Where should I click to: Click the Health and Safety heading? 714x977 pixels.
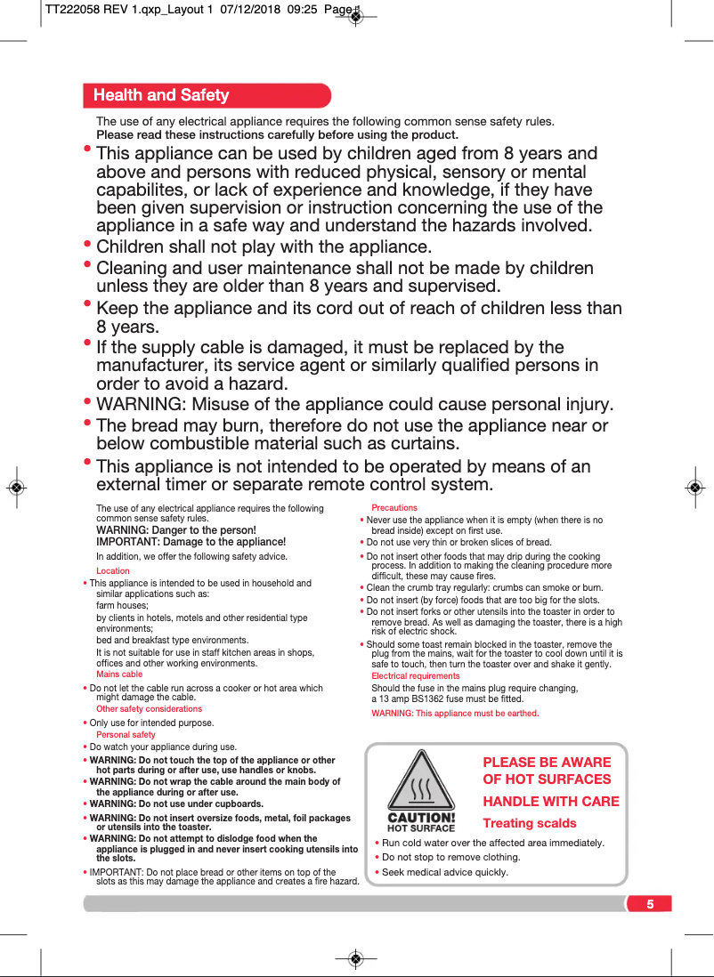coord(161,95)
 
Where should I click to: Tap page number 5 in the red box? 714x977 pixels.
coord(650,904)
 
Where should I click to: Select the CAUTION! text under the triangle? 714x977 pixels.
coord(422,817)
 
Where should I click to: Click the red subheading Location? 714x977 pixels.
coord(113,571)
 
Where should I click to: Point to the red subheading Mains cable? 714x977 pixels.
coord(119,674)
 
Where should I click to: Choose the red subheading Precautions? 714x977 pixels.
coord(394,508)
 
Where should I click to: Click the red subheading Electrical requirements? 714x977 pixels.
coord(416,676)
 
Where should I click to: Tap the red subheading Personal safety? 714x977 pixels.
coord(126,735)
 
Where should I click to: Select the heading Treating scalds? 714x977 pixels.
coord(530,823)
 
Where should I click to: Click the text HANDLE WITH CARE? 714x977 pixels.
coord(551,801)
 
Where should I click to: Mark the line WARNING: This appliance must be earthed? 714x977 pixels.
coord(455,714)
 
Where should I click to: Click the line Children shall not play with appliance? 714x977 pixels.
coord(264,246)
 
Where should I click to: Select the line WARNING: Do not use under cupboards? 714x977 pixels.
coord(176,803)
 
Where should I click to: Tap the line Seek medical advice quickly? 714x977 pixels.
coord(445,872)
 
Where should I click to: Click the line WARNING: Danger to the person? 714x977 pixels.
coord(176,530)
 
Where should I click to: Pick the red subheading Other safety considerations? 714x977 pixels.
coord(149,709)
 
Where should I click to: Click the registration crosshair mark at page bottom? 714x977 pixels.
coord(355,958)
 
